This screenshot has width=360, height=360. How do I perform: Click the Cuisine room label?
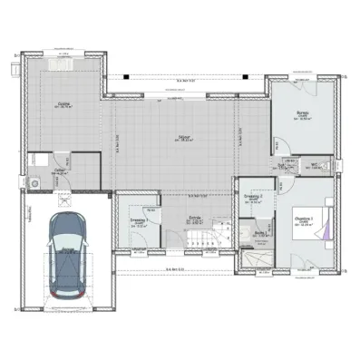(x=63, y=104)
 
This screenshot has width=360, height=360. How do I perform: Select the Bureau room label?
(x=303, y=114)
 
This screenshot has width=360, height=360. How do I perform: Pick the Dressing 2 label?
(x=254, y=197)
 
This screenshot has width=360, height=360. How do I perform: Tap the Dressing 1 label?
(x=139, y=220)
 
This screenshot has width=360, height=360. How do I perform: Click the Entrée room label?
(x=194, y=218)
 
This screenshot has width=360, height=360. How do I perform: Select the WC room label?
(x=311, y=165)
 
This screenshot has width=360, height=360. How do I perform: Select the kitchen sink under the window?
(x=63, y=61)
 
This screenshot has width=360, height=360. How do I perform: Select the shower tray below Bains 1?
(x=256, y=258)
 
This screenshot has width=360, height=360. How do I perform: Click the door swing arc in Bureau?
(x=276, y=145)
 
